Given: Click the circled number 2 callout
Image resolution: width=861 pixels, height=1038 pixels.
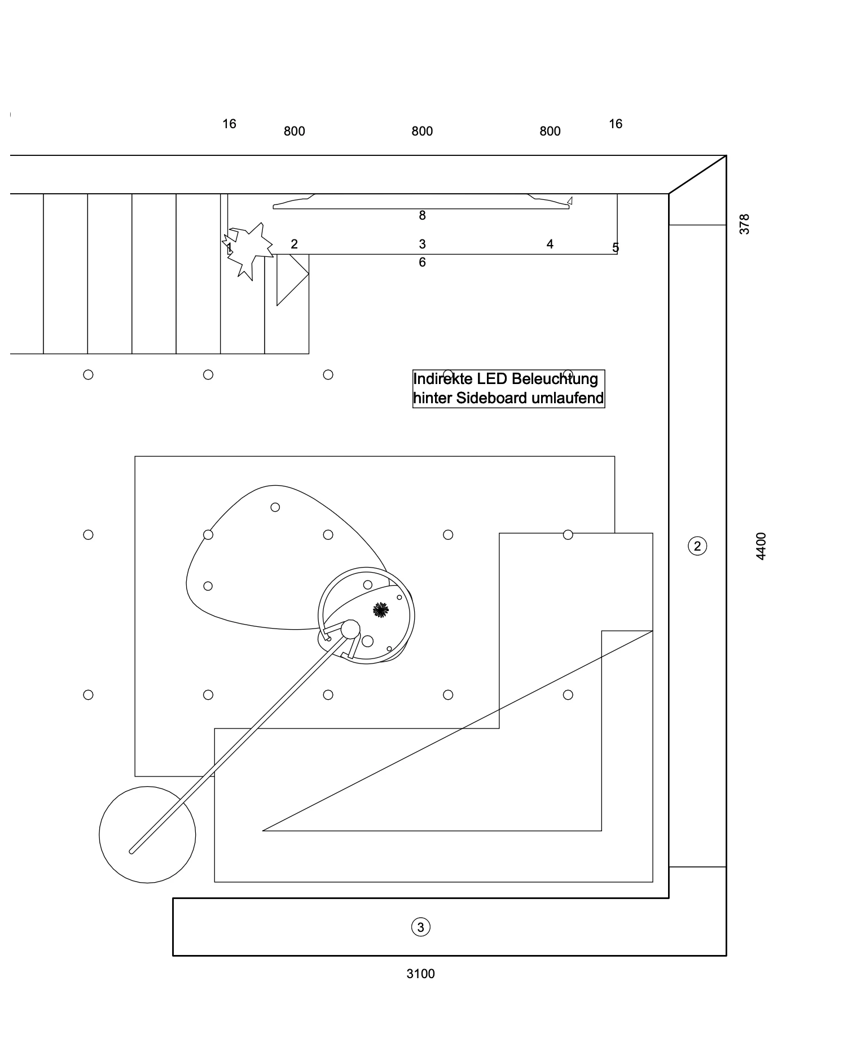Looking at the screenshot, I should (x=697, y=546).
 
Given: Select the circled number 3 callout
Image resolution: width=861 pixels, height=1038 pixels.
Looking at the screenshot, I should (x=420, y=927).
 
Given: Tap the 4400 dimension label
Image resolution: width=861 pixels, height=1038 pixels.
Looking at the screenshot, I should (x=761, y=546).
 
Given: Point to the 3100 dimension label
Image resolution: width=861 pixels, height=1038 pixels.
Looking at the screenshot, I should (x=420, y=974).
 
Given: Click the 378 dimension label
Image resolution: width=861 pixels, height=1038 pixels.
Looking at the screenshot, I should (x=745, y=224).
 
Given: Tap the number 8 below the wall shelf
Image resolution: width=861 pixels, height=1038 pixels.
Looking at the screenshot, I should (x=422, y=215).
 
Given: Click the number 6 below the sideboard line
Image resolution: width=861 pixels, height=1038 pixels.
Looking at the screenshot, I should (x=422, y=262).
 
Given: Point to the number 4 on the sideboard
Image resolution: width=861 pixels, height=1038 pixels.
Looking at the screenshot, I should (x=550, y=244).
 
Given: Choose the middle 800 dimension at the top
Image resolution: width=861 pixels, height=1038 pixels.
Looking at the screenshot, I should (x=422, y=131).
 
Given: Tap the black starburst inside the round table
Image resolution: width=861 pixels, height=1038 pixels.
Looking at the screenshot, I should (x=381, y=609).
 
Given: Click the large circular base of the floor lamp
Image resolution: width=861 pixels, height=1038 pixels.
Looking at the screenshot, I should (x=147, y=835).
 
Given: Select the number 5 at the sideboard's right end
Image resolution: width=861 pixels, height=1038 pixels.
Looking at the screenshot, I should (x=616, y=247).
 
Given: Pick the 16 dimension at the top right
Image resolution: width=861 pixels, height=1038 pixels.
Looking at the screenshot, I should (x=616, y=124).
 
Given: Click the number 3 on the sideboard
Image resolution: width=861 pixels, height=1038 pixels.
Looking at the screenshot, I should (x=422, y=244).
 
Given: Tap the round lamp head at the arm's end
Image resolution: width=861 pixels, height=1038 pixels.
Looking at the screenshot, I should (x=350, y=629).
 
